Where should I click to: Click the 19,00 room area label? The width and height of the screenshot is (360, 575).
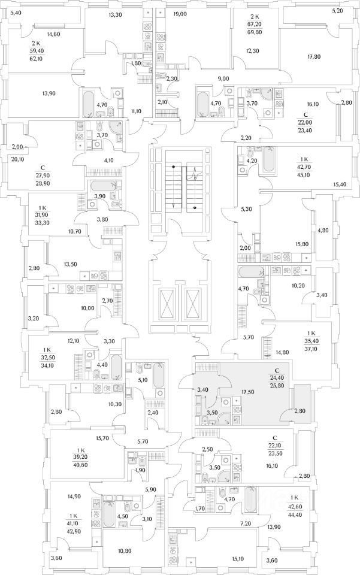tap(180, 14)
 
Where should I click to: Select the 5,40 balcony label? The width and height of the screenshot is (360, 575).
tap(16, 13)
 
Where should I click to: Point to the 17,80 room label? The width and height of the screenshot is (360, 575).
tap(314, 56)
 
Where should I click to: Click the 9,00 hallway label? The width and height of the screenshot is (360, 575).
tap(223, 78)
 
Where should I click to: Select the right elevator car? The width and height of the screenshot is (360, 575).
tap(193, 304)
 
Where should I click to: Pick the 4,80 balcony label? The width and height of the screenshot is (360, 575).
tap(322, 231)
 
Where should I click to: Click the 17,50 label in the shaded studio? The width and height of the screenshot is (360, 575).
tap(247, 392)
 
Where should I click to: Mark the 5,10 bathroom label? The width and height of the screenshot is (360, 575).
tap(143, 380)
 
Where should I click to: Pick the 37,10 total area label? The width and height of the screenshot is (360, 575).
tap(311, 349)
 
